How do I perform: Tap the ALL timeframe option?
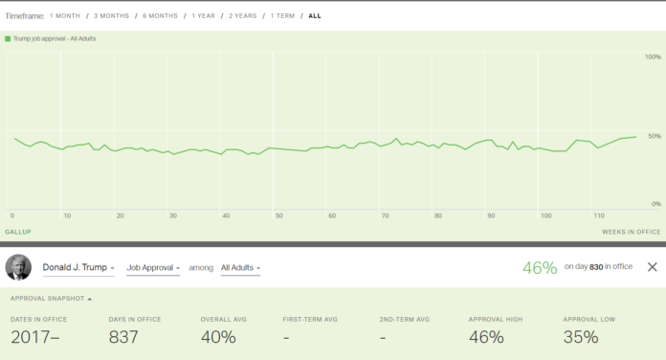[315, 16]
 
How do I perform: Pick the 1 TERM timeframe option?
[282, 16]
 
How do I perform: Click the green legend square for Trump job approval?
[7, 38]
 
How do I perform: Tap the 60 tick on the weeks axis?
[332, 215]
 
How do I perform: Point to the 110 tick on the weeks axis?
[598, 215]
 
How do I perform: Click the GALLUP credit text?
[18, 232]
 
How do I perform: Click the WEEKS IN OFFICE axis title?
[631, 232]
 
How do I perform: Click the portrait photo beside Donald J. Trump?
[18, 267]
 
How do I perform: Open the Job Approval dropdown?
[151, 267]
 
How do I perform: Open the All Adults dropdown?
[241, 267]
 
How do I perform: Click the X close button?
[652, 267]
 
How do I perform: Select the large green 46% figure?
[540, 267]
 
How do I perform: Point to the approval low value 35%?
[581, 337]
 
